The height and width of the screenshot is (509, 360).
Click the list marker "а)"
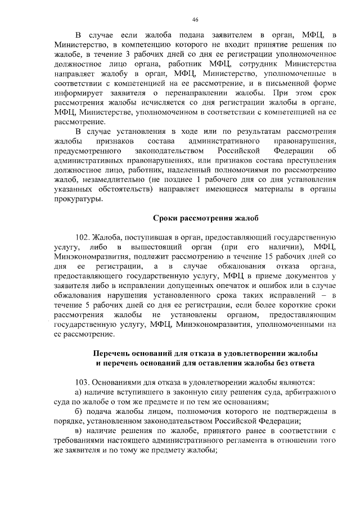click(79, 391)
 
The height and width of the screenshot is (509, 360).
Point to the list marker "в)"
click(79, 431)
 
